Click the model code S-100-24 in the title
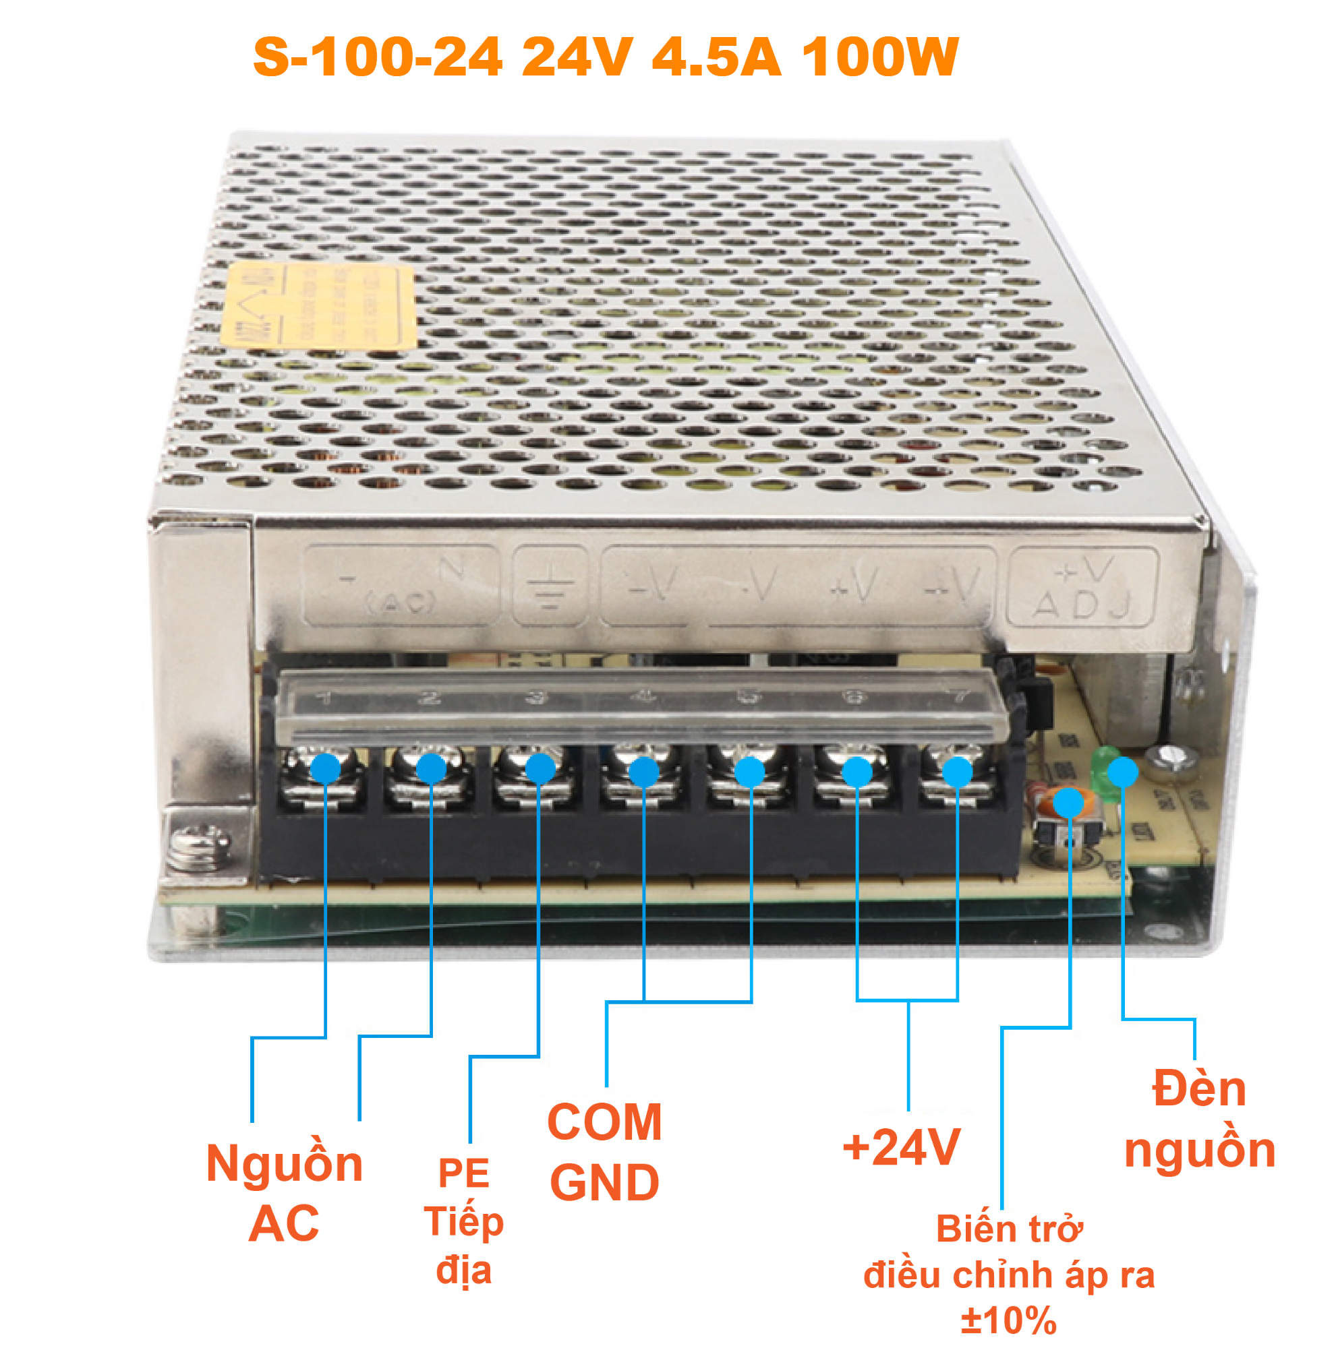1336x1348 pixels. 378,57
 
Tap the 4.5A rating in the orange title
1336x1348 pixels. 716,57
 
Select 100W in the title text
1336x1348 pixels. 880,57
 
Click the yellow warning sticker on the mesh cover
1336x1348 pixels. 318,304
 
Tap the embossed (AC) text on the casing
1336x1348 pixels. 401,602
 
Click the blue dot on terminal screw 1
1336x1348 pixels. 325,769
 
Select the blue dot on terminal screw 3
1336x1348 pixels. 540,769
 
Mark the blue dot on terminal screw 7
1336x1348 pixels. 957,772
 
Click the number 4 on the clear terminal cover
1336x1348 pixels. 645,696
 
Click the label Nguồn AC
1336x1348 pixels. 284,1193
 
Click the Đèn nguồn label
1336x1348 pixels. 1199,1120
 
